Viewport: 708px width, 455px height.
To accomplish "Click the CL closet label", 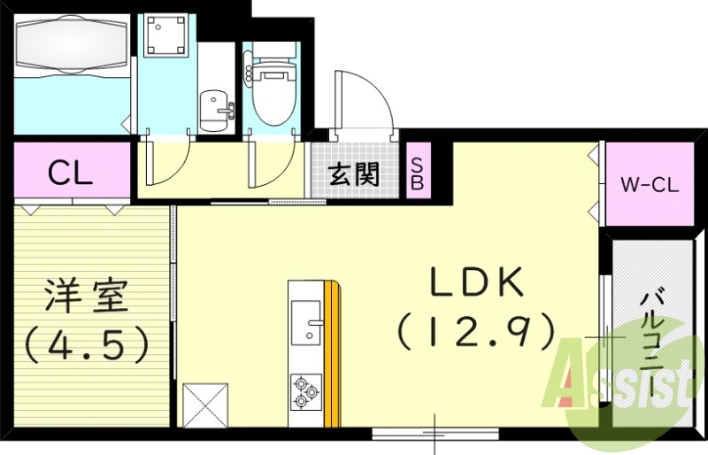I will pos(71,173).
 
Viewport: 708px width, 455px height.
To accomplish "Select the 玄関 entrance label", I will pos(354,174).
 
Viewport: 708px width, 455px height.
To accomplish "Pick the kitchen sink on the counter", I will pos(307,322).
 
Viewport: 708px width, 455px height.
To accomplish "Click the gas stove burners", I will pos(305,391).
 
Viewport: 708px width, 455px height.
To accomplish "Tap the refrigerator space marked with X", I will pos(205,406).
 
